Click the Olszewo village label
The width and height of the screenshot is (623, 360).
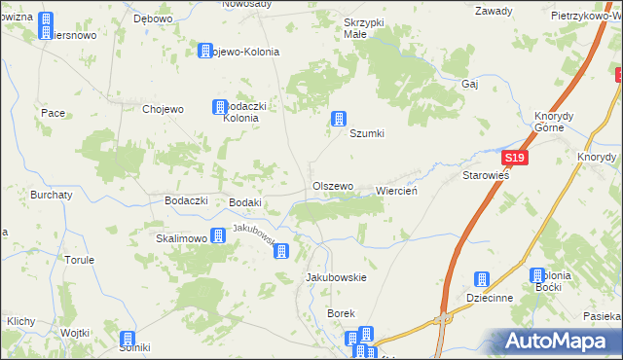tap(332, 186)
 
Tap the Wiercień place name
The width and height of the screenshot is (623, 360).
tap(396, 191)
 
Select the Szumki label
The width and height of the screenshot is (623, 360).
tap(368, 134)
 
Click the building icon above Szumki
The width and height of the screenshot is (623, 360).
tap(339, 119)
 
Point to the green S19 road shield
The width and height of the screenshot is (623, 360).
tap(515, 159)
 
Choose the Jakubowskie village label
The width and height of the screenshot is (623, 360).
tap(336, 277)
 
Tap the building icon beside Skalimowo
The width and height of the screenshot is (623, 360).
tap(218, 235)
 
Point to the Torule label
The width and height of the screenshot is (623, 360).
tap(79, 260)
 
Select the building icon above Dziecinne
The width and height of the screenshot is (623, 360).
tap(480, 279)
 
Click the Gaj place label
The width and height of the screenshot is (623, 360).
tap(471, 84)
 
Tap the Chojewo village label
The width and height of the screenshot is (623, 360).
tap(163, 109)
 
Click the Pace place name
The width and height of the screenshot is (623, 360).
tap(53, 113)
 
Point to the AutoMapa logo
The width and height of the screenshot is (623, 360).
tap(556, 341)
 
